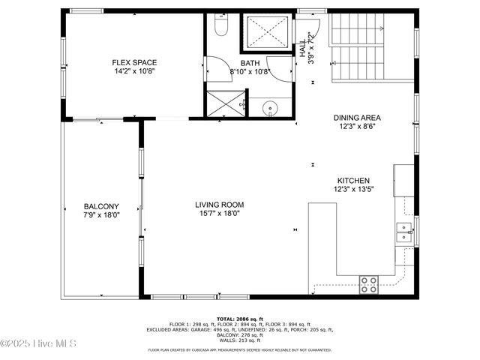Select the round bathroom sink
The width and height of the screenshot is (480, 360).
pos(268,109)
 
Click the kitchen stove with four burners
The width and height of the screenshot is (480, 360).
pos(368,283)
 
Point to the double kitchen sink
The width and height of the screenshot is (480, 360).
pos(403,232)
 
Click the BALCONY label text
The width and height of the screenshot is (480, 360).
pos(101,206)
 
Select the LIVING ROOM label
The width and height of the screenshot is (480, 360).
pos(220,205)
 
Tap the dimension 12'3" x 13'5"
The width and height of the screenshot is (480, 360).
pos(355,190)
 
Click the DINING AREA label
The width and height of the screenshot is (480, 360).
pos(357,118)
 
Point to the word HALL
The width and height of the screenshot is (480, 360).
pos(303,45)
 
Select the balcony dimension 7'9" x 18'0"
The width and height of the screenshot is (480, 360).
pos(101,214)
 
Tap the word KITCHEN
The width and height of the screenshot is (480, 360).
pos(353,181)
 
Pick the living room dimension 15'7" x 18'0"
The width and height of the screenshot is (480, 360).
pos(219,214)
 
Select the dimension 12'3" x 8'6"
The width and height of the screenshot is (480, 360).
pos(357,127)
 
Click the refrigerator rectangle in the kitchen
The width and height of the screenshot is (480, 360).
pos(403,180)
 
